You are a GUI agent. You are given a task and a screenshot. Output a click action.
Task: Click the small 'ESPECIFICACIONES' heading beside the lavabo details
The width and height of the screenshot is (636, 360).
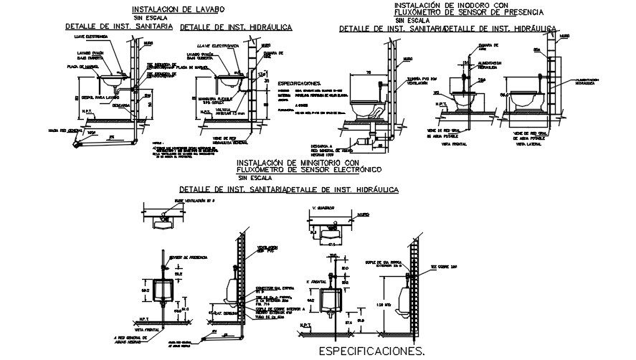(300, 82)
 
